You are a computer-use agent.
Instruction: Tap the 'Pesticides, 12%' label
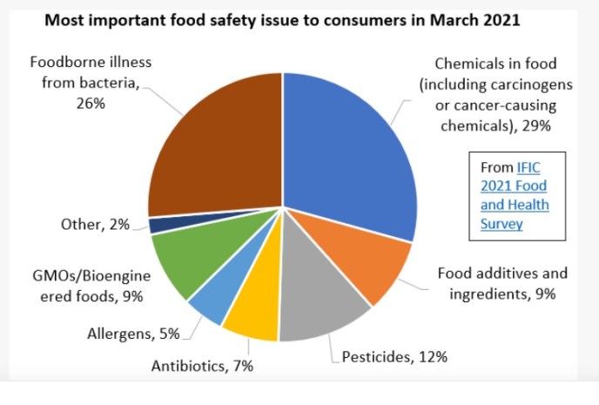(x=394, y=356)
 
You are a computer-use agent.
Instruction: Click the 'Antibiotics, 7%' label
(x=202, y=367)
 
